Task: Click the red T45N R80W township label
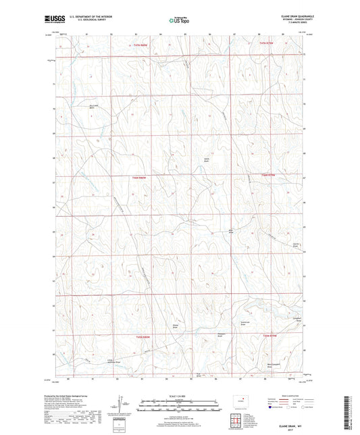click(140, 177)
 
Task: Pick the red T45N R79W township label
click(270, 176)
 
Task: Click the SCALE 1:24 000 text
click(179, 395)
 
